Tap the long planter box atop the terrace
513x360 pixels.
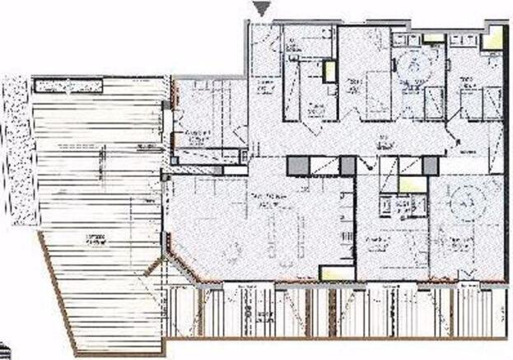coord(68,85)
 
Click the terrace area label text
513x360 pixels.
coord(95,240)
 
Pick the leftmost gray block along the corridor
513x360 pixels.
coord(296,166)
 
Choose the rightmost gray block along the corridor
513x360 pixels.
coord(430,166)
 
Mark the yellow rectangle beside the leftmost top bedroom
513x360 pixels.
coord(329,72)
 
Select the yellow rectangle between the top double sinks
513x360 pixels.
coord(433,37)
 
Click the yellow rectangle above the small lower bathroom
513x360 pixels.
coord(410,185)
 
